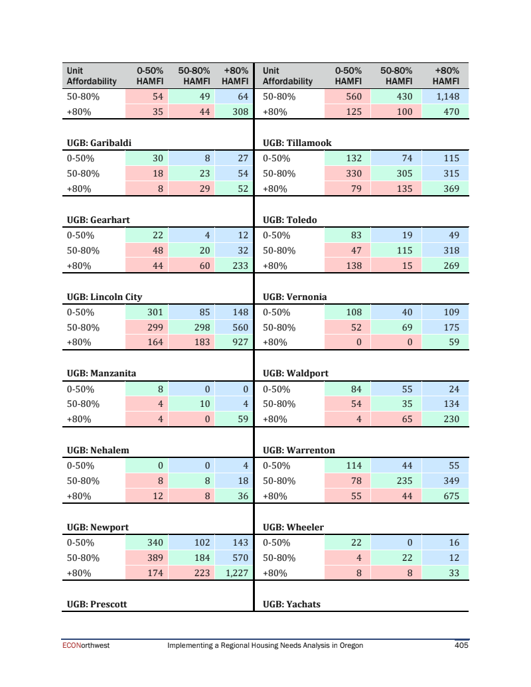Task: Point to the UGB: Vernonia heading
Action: click(295, 297)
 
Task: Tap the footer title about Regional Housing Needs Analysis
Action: click(265, 645)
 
